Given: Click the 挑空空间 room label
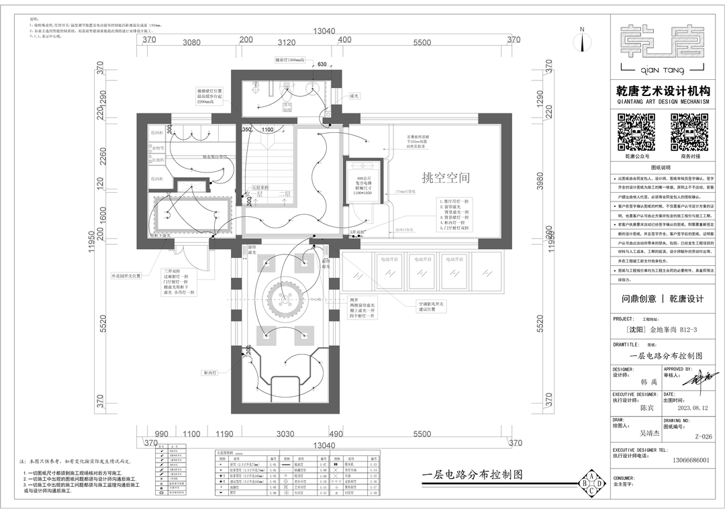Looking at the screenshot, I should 445,178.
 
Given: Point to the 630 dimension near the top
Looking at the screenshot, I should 322,64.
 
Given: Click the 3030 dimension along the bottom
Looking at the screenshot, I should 285,434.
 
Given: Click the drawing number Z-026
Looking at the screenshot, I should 703,436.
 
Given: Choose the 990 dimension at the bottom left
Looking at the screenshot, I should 162,434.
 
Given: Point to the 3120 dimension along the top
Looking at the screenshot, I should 286,42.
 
